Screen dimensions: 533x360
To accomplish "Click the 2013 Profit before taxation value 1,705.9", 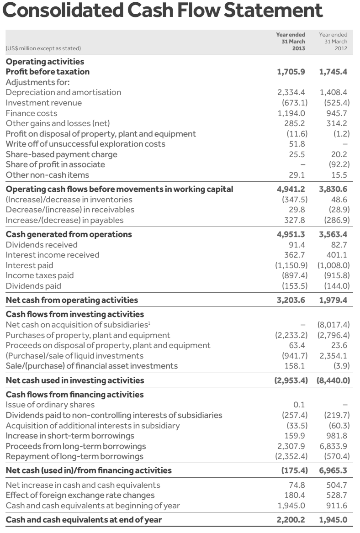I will pyautogui.click(x=291, y=72).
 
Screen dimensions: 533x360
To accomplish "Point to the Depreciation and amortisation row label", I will pyautogui.click(x=64, y=92).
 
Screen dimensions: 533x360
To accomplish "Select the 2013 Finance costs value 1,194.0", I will pyautogui.click(x=292, y=113).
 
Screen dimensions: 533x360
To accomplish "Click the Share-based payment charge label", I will pyautogui.click(x=61, y=154).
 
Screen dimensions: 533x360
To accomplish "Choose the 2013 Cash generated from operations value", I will pyautogui.click(x=291, y=234).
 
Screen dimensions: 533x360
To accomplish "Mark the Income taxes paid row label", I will pyautogui.click(x=39, y=275).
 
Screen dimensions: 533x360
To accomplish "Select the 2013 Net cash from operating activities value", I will pyautogui.click(x=291, y=300).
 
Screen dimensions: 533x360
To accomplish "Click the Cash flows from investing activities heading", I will pyautogui.click(x=74, y=314).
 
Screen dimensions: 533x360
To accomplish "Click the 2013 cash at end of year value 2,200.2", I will pyautogui.click(x=291, y=520).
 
